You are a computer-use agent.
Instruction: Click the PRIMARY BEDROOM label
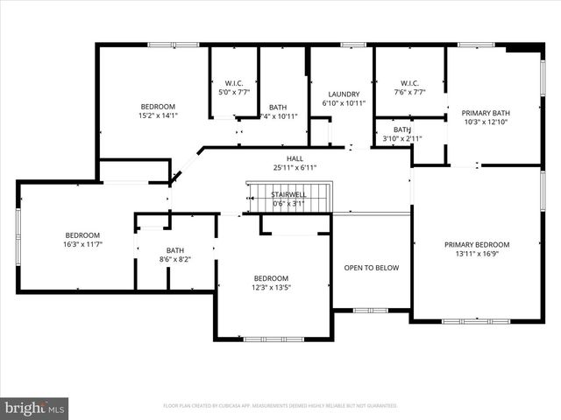click(x=476, y=245)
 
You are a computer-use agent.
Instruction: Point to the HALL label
click(x=295, y=158)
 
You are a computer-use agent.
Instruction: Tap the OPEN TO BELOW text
click(x=371, y=268)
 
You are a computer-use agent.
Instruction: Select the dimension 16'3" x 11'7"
click(x=82, y=245)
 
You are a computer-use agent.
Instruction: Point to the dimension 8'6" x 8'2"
click(x=175, y=259)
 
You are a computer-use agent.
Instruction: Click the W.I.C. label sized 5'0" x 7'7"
click(x=233, y=92)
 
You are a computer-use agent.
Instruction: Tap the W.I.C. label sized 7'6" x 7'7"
click(x=408, y=92)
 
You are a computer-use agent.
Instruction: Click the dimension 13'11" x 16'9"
click(x=476, y=255)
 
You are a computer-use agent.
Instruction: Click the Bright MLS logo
click(x=35, y=408)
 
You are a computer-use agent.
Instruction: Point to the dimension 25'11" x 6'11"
click(x=295, y=167)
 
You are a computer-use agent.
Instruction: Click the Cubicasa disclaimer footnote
click(x=280, y=406)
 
